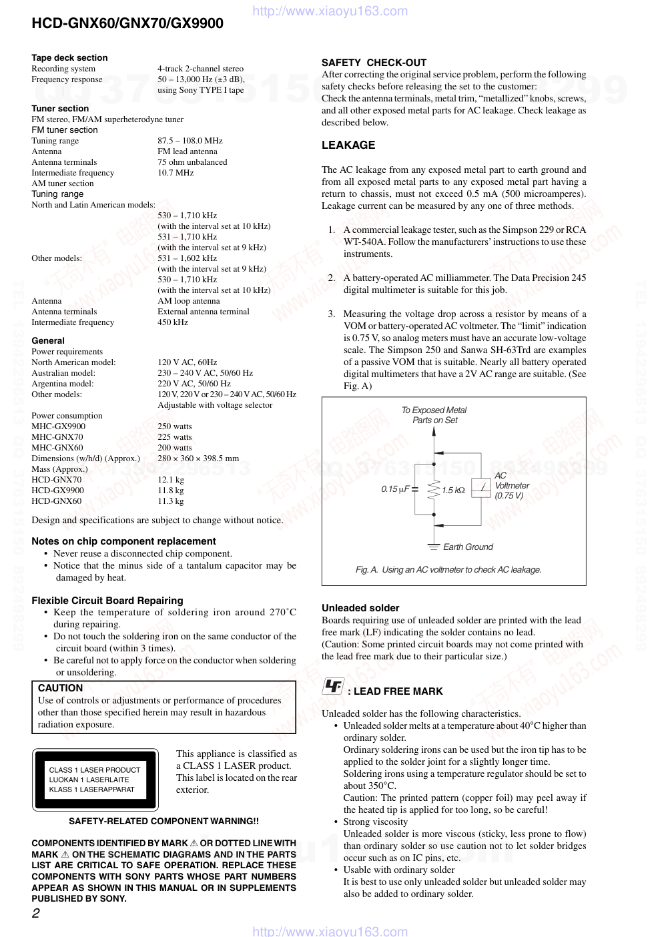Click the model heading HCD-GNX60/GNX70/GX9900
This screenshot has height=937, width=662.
(x=127, y=24)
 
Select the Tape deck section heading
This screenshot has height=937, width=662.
(x=69, y=58)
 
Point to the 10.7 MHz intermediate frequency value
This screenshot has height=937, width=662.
(x=176, y=173)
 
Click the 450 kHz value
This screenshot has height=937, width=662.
(x=173, y=322)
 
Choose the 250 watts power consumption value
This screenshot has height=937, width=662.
(x=174, y=426)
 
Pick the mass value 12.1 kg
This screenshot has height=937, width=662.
(x=171, y=480)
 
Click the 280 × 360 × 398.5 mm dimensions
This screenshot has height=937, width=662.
(x=198, y=458)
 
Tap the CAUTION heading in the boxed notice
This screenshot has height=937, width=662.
(x=60, y=688)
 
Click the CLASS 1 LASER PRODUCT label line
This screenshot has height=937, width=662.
(x=95, y=770)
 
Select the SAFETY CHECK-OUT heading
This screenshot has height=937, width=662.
(x=374, y=63)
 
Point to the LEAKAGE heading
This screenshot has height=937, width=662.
(x=348, y=145)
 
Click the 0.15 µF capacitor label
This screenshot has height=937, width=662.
(x=395, y=489)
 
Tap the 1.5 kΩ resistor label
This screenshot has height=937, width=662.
(x=453, y=491)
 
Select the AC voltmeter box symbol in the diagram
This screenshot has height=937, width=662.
(x=480, y=488)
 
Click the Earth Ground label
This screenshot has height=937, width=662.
(x=468, y=547)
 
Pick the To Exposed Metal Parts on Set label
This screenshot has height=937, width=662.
(x=434, y=415)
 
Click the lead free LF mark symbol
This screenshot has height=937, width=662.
(x=333, y=686)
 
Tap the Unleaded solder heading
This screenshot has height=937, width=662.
(x=360, y=608)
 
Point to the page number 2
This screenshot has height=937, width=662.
(x=36, y=914)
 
